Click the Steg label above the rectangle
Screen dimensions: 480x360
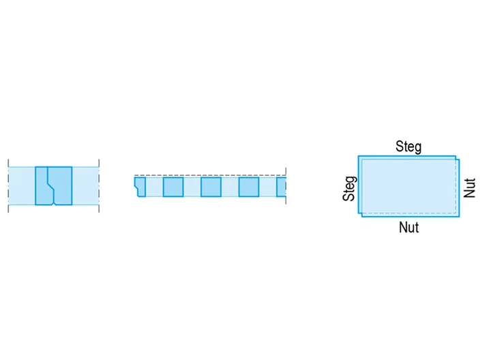click(x=408, y=147)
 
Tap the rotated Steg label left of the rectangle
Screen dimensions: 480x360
click(x=350, y=188)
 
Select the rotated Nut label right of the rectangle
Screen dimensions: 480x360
click(x=469, y=188)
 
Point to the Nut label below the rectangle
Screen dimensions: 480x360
click(x=408, y=228)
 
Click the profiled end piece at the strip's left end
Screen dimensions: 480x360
click(x=140, y=186)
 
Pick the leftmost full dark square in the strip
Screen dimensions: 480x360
click(x=173, y=187)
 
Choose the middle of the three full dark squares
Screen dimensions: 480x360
click(x=211, y=187)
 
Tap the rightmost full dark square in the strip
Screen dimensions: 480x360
click(x=249, y=187)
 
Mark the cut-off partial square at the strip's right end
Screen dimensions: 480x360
click(x=281, y=187)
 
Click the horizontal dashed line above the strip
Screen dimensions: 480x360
click(x=210, y=175)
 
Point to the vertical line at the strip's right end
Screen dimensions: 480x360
click(x=286, y=185)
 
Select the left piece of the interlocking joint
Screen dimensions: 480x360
click(x=44, y=186)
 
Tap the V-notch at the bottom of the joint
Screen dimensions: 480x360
click(x=54, y=203)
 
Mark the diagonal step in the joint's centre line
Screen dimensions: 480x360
click(x=51, y=186)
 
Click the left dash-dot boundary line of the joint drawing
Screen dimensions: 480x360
click(x=8, y=185)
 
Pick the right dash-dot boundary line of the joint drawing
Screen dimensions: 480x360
click(x=99, y=185)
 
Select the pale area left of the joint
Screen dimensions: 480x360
click(x=22, y=186)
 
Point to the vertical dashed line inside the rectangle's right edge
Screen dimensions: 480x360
click(x=456, y=186)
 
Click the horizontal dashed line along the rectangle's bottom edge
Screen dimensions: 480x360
click(x=408, y=213)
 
